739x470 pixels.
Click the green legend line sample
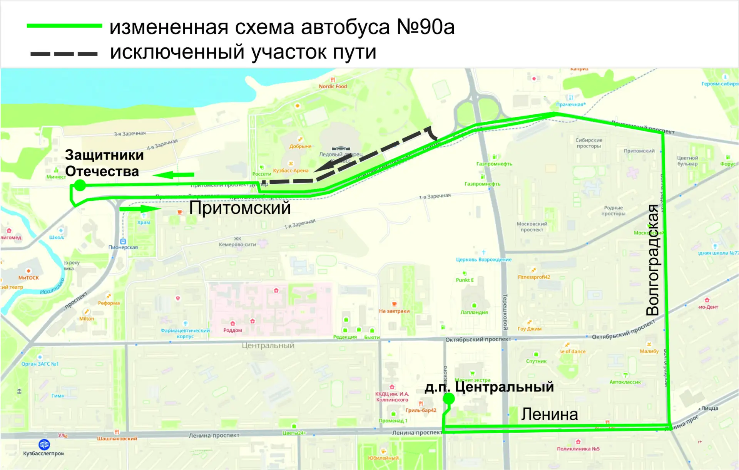pyautogui.click(x=64, y=26)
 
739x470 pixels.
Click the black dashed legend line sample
pyautogui.click(x=64, y=54)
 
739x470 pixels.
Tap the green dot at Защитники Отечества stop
pyautogui.click(x=80, y=185)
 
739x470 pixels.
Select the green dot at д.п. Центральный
pyautogui.click(x=448, y=399)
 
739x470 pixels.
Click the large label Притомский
pyautogui.click(x=239, y=208)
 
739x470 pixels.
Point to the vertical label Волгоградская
pyautogui.click(x=653, y=260)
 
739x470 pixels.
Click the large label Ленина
pyautogui.click(x=549, y=415)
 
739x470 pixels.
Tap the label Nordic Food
pyautogui.click(x=333, y=86)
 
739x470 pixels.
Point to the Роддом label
pyautogui.click(x=232, y=330)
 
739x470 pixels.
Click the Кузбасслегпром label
pyautogui.click(x=43, y=453)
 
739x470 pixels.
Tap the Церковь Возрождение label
pyautogui.click(x=483, y=260)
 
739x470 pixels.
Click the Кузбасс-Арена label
pyautogui.click(x=291, y=171)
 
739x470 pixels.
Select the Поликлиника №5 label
pyautogui.click(x=578, y=449)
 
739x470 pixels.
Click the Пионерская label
pyautogui.click(x=123, y=247)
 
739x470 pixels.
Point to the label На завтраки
pyautogui.click(x=394, y=311)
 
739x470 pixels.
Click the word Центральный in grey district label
pyautogui.click(x=268, y=346)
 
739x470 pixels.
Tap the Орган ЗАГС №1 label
pyautogui.click(x=40, y=364)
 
